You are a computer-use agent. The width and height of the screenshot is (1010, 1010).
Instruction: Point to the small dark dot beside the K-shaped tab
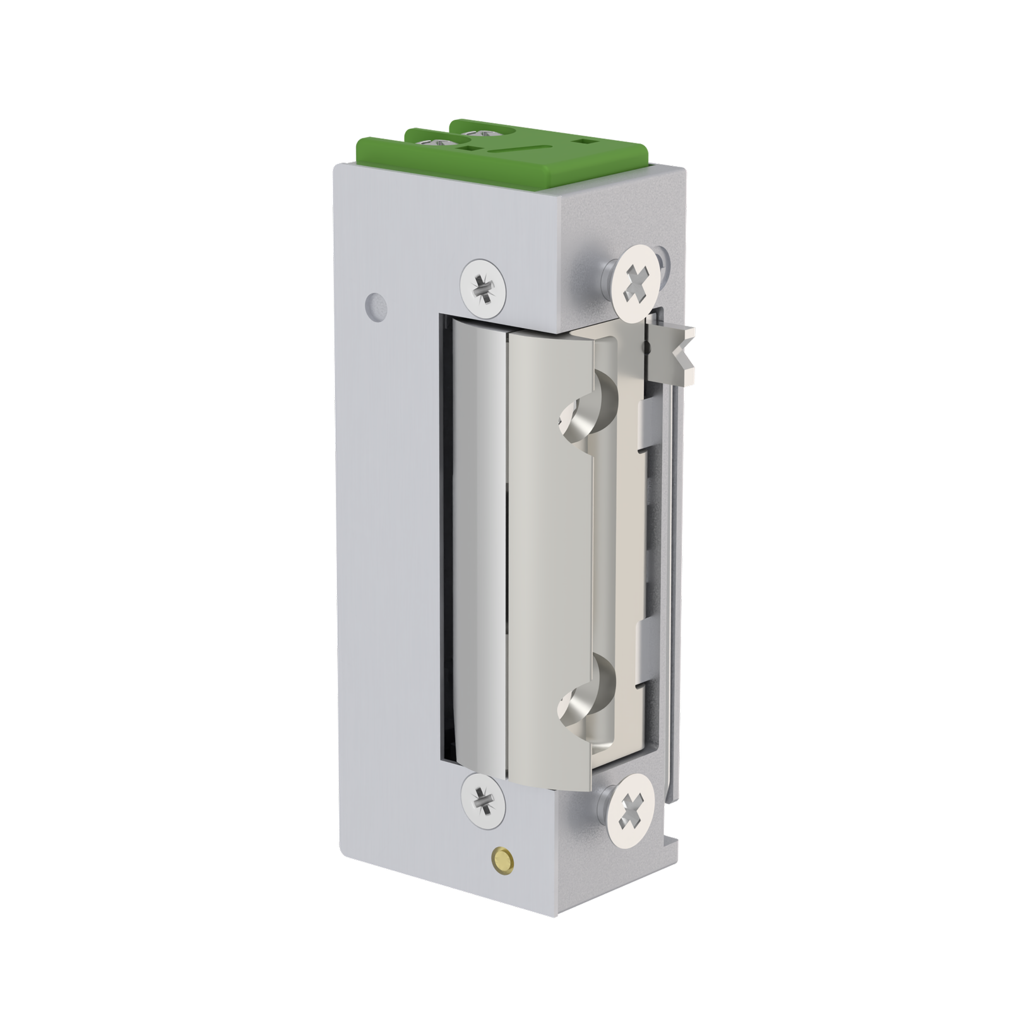[645, 346]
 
